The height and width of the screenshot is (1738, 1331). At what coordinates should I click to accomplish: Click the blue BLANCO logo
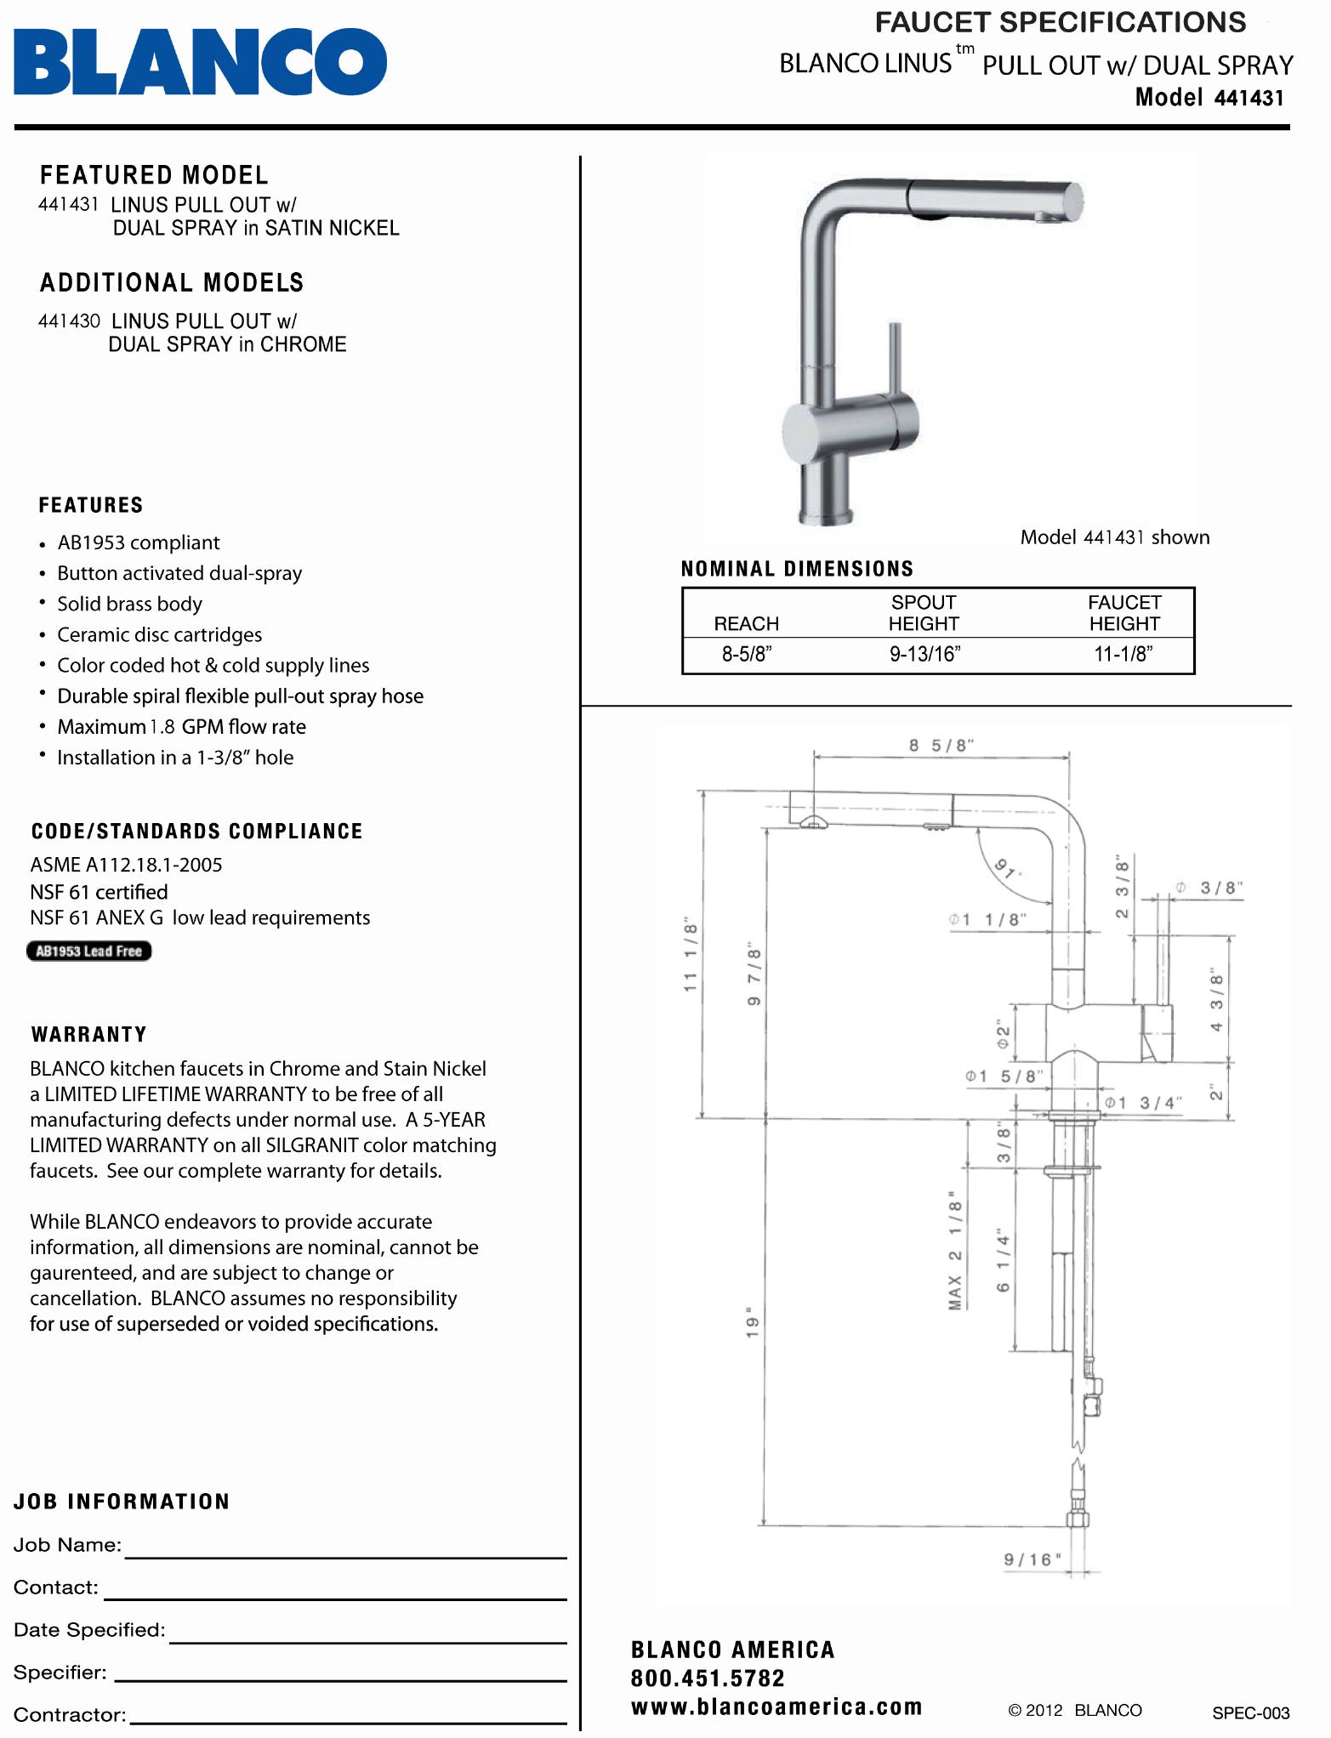[x=200, y=61]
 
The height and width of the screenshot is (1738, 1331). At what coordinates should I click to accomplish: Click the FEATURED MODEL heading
[x=154, y=175]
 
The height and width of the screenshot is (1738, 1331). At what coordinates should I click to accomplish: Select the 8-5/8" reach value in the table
[x=746, y=654]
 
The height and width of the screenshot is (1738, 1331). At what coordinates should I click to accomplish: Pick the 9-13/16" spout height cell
[x=924, y=654]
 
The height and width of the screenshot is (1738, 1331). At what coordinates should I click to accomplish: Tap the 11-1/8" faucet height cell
[x=1123, y=654]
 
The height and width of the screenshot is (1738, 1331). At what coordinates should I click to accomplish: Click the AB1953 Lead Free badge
[x=89, y=951]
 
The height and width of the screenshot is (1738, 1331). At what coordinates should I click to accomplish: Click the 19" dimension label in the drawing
[x=752, y=1322]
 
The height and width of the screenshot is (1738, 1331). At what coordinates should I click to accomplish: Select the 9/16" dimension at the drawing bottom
[x=1032, y=1559]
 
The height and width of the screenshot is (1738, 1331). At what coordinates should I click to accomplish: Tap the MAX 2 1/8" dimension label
[x=955, y=1250]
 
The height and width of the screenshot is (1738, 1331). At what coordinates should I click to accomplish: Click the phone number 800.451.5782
[x=708, y=1678]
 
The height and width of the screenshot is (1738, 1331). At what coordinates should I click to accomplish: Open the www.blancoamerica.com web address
[x=776, y=1707]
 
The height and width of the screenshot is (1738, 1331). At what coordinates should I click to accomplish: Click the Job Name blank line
[x=345, y=1549]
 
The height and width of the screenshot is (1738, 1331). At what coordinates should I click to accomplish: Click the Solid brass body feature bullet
[x=129, y=604]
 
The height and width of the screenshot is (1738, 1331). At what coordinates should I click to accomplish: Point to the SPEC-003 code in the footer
[x=1250, y=1712]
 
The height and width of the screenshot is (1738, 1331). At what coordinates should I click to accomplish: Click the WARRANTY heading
[x=89, y=1035]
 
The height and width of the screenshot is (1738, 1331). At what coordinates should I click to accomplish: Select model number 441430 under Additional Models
[x=69, y=321]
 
